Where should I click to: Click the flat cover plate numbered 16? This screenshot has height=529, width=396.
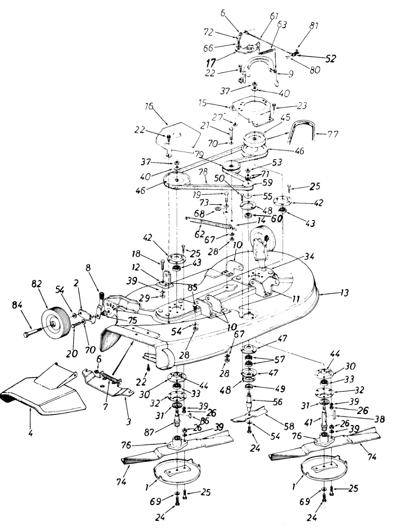(176, 137)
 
